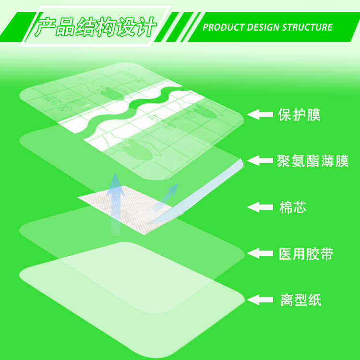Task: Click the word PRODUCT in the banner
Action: click(223, 27)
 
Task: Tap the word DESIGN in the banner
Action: click(264, 27)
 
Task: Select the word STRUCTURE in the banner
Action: click(307, 27)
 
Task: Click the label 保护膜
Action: click(299, 115)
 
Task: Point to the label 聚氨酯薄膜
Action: click(312, 161)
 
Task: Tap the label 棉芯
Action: click(292, 207)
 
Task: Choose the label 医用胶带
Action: click(306, 254)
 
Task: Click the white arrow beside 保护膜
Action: click(259, 115)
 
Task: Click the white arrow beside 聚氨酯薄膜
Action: click(259, 160)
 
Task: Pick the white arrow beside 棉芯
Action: click(259, 207)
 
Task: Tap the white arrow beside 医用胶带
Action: click(259, 253)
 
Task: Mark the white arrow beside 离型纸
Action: click(259, 300)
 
